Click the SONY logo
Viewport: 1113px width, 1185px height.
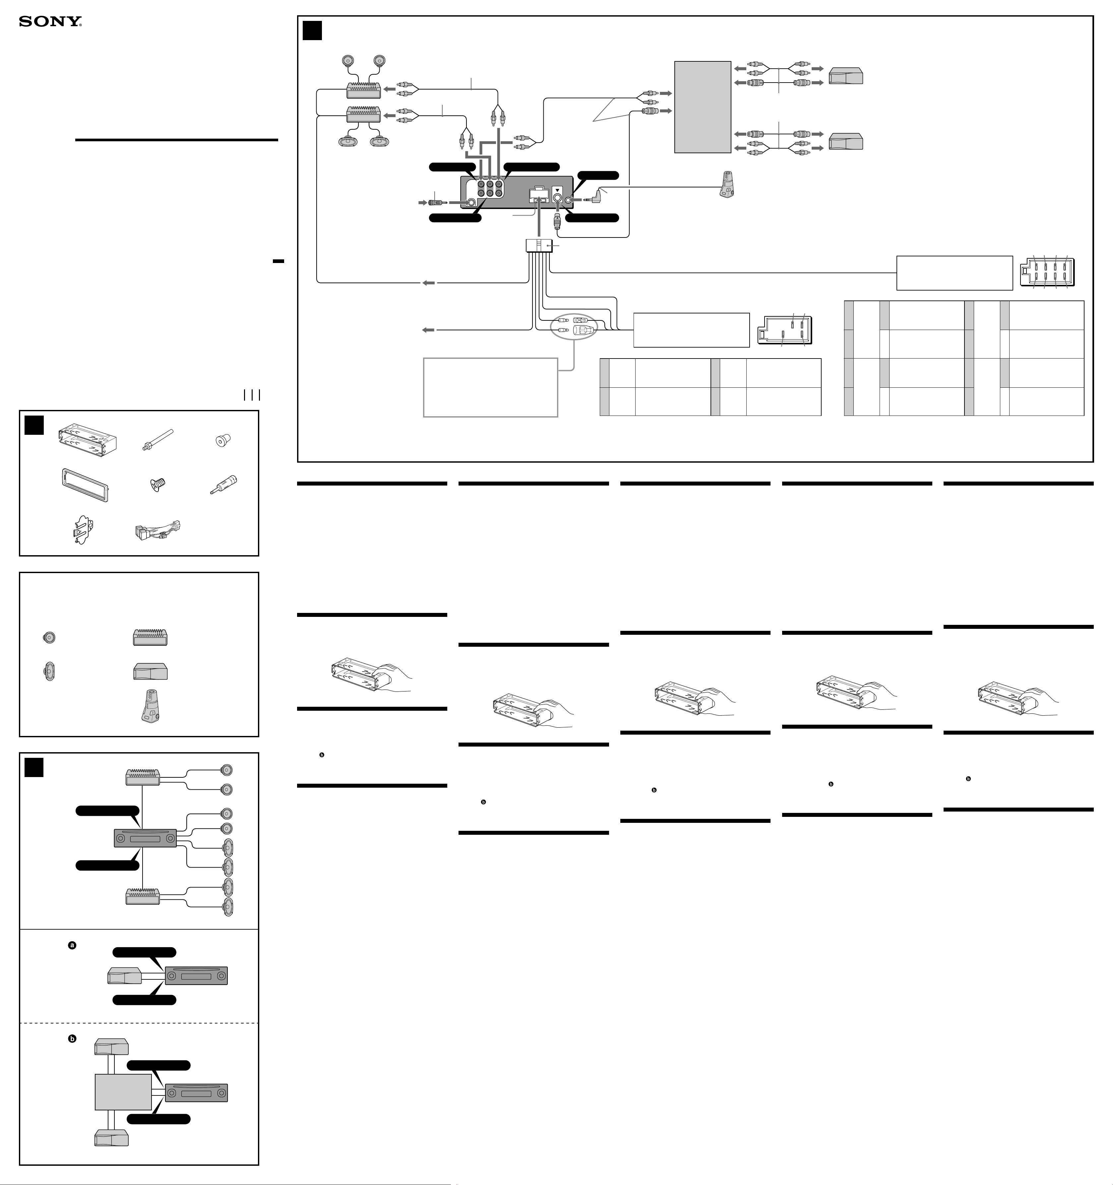50,22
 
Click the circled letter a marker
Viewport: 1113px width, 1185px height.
72,945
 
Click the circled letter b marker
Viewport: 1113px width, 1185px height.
72,1038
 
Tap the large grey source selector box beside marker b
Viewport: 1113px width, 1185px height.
123,1092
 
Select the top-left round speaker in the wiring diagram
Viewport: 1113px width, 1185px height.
348,61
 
